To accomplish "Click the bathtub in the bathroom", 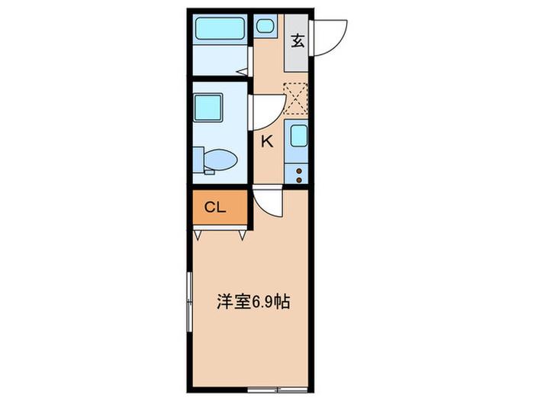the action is [220, 29].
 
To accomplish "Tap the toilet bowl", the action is [220, 160].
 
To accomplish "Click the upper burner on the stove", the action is [299, 171].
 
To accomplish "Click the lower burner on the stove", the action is [299, 180].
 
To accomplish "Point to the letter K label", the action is [267, 141].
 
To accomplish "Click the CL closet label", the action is [215, 207].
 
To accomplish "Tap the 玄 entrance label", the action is [298, 41].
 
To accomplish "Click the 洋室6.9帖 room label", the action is [253, 302].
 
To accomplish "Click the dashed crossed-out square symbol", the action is [296, 99].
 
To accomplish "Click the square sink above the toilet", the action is [208, 108].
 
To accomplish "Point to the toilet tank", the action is [198, 160].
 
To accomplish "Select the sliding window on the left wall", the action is [190, 302].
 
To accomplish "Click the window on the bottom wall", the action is [278, 390].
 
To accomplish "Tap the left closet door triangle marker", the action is [198, 235].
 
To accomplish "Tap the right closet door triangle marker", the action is [243, 235].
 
